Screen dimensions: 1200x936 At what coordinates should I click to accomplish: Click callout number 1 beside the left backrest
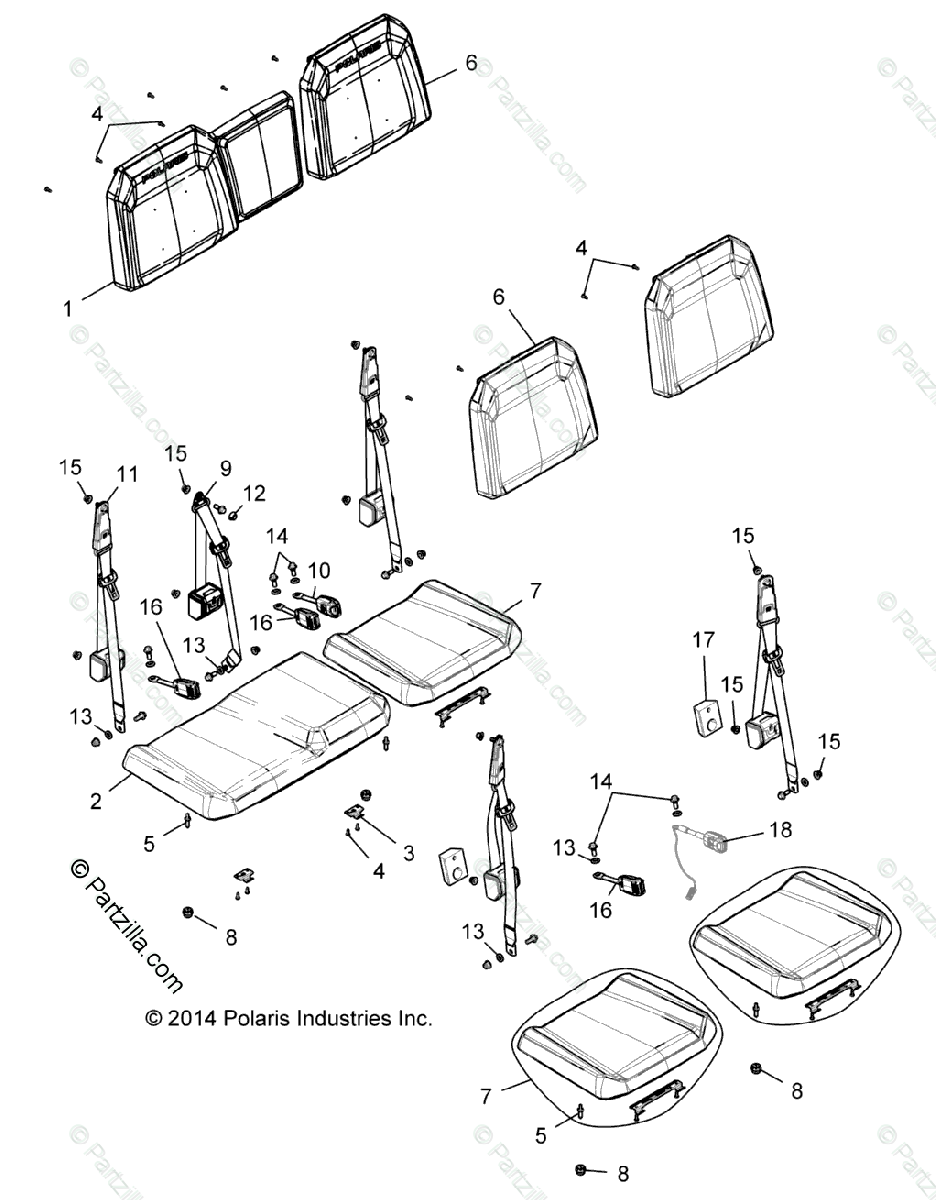coord(68,309)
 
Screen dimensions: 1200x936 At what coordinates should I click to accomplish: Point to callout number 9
coord(225,466)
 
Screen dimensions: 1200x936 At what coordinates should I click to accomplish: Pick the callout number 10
coord(319,570)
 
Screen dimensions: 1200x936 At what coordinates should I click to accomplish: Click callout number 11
coord(126,474)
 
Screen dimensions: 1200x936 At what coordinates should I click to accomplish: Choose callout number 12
coord(254,492)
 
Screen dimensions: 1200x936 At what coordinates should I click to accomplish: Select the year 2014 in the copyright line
coord(191,1018)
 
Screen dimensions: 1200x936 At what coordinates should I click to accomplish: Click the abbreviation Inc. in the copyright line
coord(414,1018)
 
